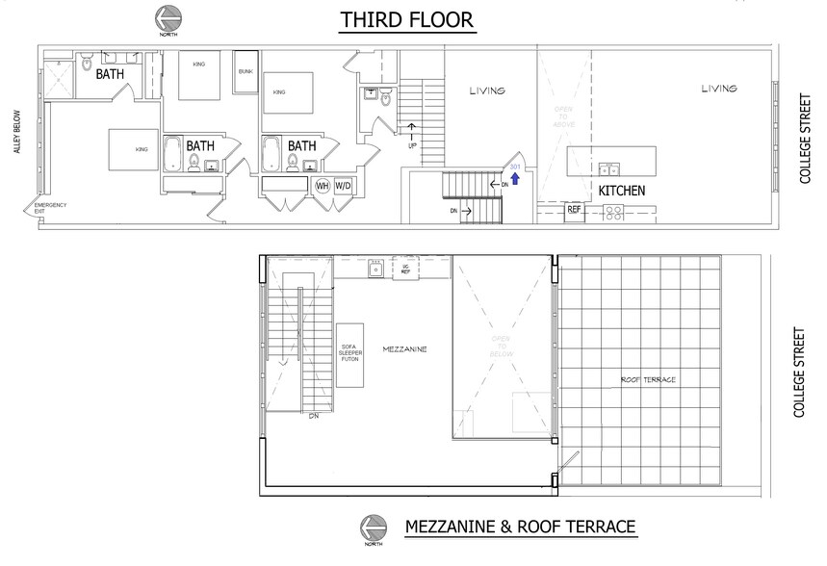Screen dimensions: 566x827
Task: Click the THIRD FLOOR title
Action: pos(407,20)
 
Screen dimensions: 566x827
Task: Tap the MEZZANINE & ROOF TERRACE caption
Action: pos(520,527)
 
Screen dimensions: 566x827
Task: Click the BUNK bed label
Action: pos(246,72)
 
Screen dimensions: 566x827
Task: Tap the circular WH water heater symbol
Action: pos(323,187)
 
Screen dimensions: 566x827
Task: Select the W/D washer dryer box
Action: pos(343,187)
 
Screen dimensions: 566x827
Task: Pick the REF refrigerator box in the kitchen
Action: pos(574,209)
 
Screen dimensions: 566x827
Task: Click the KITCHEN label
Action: pos(621,192)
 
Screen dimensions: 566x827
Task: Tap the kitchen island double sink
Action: pos(608,169)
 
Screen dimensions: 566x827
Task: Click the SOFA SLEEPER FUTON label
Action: pos(349,351)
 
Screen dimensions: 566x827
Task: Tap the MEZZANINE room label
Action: pos(403,349)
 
